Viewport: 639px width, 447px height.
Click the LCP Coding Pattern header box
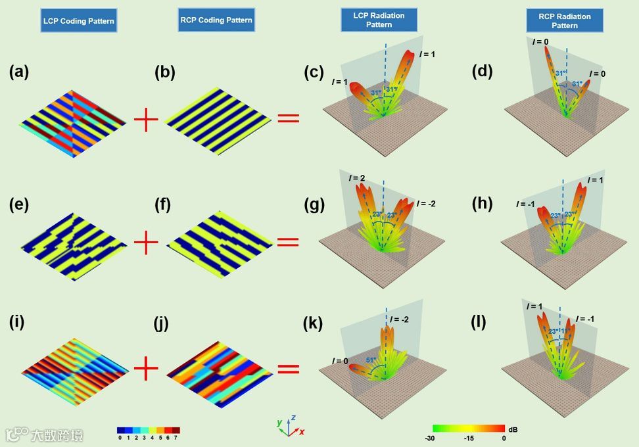[x=78, y=21]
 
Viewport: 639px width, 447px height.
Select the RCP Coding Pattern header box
[x=216, y=20]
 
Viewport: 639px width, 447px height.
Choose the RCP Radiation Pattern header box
[x=565, y=21]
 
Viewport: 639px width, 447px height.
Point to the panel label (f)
[x=162, y=205]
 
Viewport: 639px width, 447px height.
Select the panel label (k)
[x=312, y=323]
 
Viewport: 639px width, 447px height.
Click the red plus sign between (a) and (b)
[x=146, y=120]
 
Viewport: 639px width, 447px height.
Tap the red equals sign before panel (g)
[x=288, y=242]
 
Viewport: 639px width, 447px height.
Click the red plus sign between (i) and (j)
[x=146, y=370]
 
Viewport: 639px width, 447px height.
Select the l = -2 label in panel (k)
[x=399, y=319]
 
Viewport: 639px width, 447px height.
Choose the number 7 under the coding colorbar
[x=177, y=438]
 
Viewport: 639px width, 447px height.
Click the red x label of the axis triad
[x=302, y=432]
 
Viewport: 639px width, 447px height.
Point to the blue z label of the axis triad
[x=293, y=417]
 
